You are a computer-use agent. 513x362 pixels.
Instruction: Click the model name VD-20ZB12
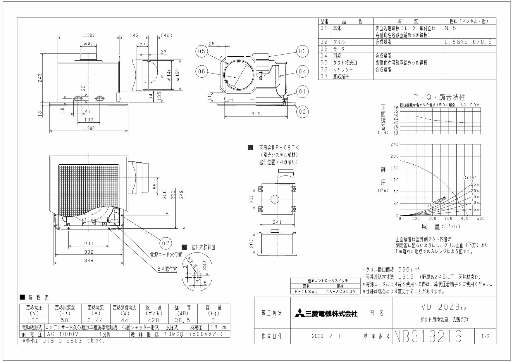(443, 308)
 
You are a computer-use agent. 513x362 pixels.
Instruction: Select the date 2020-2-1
(326, 337)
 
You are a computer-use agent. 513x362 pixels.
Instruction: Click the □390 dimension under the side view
(89, 128)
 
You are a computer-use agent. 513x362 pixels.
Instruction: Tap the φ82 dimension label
(88, 44)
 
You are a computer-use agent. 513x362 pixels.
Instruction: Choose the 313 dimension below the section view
(256, 114)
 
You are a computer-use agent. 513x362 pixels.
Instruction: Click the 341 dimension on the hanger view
(277, 222)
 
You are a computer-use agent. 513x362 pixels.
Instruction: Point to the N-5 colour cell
(450, 29)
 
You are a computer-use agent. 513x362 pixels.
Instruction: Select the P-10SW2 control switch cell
(306, 291)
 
